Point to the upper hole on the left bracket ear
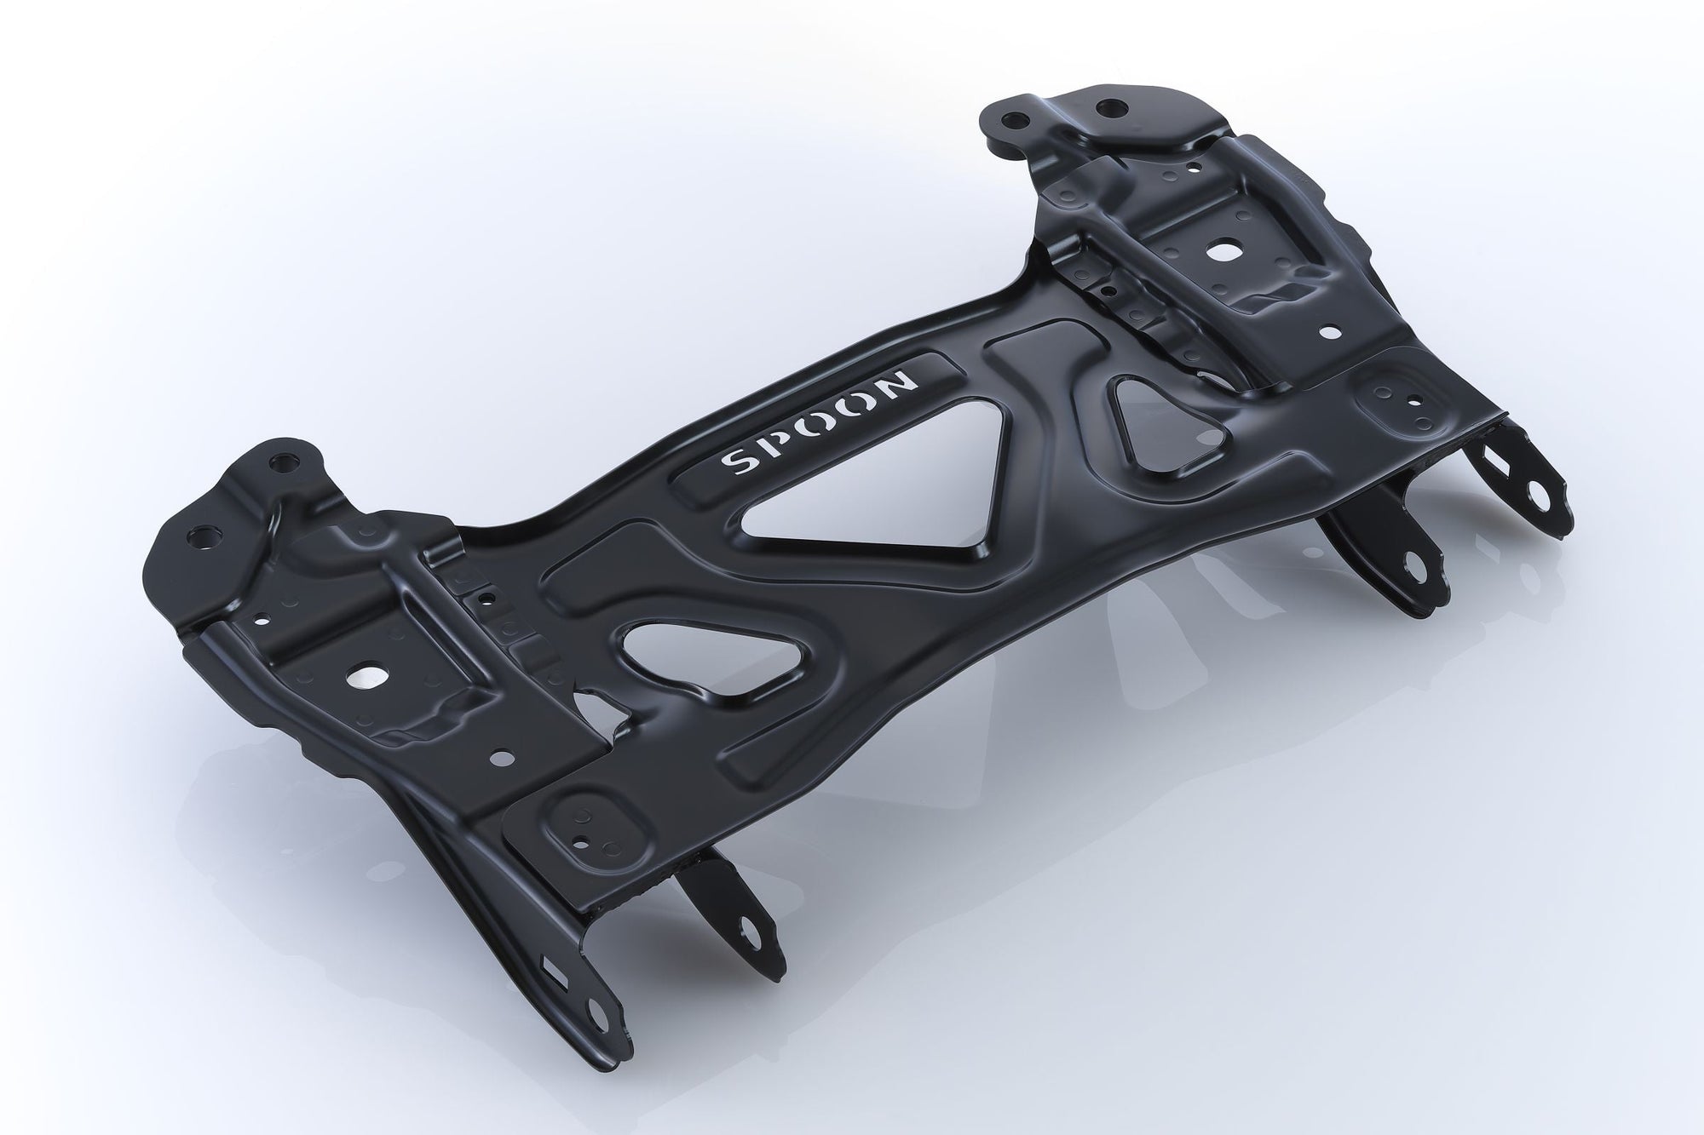tap(279, 466)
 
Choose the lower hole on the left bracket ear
tap(203, 538)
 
